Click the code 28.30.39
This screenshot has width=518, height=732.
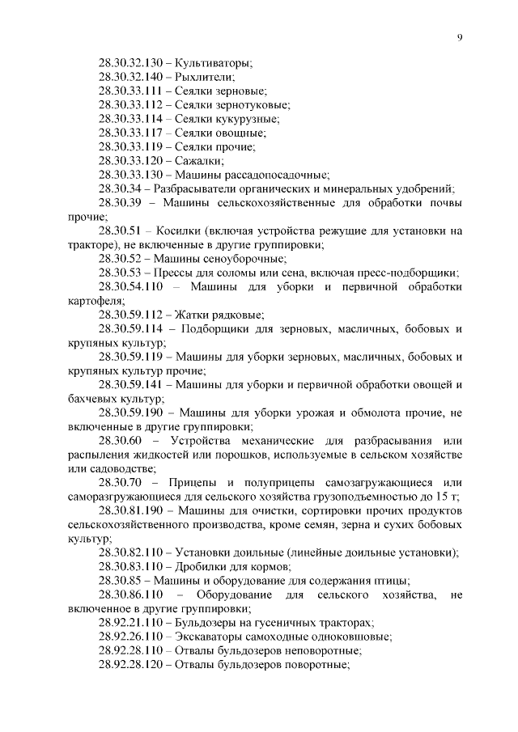122,203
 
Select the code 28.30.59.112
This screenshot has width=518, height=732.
129,314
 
